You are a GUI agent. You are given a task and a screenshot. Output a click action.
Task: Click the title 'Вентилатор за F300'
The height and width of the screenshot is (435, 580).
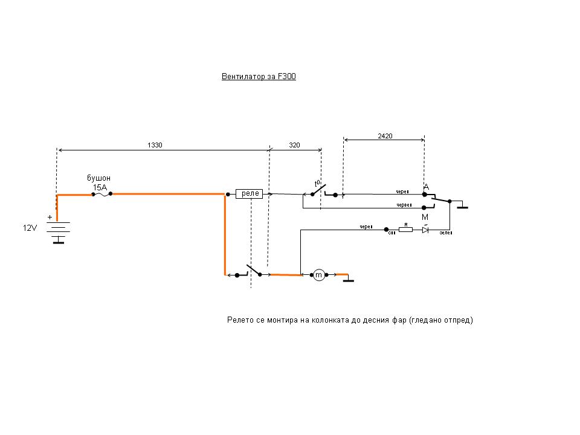259,77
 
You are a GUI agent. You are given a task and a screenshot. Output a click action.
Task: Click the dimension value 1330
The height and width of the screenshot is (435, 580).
155,145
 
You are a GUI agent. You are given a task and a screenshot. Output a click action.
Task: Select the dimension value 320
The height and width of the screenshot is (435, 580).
294,145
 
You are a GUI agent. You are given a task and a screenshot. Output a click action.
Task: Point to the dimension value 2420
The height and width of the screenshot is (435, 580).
385,136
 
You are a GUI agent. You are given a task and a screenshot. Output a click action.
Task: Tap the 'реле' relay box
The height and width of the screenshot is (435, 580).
250,194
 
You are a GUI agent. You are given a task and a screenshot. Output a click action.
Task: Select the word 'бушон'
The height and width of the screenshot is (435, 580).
100,178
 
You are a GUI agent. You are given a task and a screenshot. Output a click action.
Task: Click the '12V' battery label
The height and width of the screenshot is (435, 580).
30,228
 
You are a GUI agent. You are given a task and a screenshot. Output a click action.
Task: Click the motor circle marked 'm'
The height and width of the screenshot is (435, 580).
318,275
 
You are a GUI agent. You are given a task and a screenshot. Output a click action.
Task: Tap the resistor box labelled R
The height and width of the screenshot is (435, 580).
406,230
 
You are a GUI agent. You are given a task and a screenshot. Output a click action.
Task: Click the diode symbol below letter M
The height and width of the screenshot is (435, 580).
425,230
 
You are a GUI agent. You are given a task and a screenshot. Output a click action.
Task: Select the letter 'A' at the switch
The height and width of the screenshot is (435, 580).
426,187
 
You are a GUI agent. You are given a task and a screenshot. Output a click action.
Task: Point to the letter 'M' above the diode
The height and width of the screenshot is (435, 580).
425,217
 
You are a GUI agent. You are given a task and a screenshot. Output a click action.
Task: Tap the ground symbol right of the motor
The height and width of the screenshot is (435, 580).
349,280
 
